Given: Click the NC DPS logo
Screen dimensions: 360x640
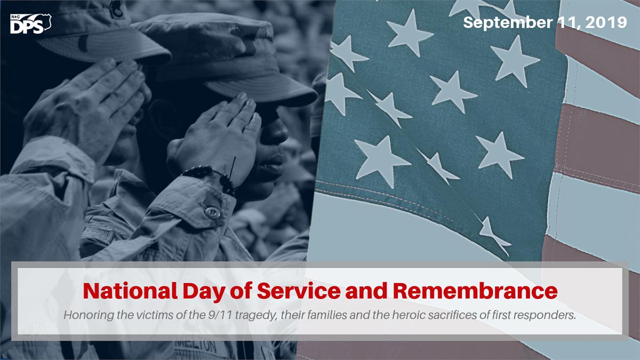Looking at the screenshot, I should click(30, 24).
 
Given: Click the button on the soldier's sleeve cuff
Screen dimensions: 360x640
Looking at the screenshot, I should click(212, 212).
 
